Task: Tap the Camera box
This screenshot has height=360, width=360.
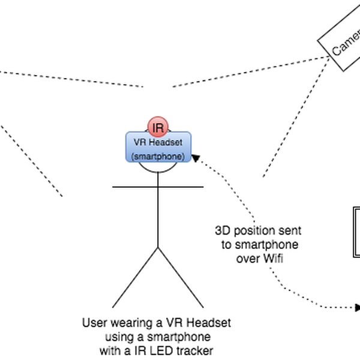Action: tap(342, 42)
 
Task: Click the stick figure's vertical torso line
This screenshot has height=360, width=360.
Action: tap(158, 216)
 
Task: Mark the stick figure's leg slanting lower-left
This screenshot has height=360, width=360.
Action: tap(136, 276)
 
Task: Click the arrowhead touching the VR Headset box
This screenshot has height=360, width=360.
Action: tap(196, 157)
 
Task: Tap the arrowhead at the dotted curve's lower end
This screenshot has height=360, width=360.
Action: tap(358, 308)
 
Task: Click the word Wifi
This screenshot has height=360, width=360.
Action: tap(272, 259)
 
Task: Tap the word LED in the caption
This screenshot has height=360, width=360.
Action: tap(158, 350)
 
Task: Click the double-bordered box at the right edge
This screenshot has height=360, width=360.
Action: tap(356, 232)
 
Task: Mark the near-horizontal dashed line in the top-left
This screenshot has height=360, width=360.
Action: tap(72, 78)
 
